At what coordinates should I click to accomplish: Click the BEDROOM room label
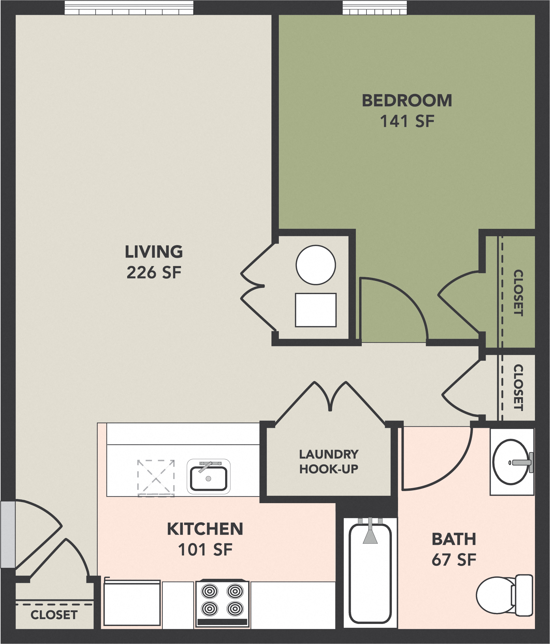point(407,101)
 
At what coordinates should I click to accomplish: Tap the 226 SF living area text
point(154,273)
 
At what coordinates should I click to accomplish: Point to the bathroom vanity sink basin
point(510,462)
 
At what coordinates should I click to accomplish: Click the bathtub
point(370,573)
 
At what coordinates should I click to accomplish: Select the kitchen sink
point(208,478)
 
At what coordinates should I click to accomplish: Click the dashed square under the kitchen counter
point(156,478)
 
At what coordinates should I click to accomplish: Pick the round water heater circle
point(315,265)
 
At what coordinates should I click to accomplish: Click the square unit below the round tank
point(315,310)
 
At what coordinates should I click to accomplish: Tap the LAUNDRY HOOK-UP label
point(329,462)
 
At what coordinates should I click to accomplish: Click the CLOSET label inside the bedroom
point(518,293)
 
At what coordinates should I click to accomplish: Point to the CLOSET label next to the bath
point(518,388)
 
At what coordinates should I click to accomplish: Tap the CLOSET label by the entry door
point(54,615)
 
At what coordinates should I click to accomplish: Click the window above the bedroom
point(374,8)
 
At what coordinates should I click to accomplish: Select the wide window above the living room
point(129,8)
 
